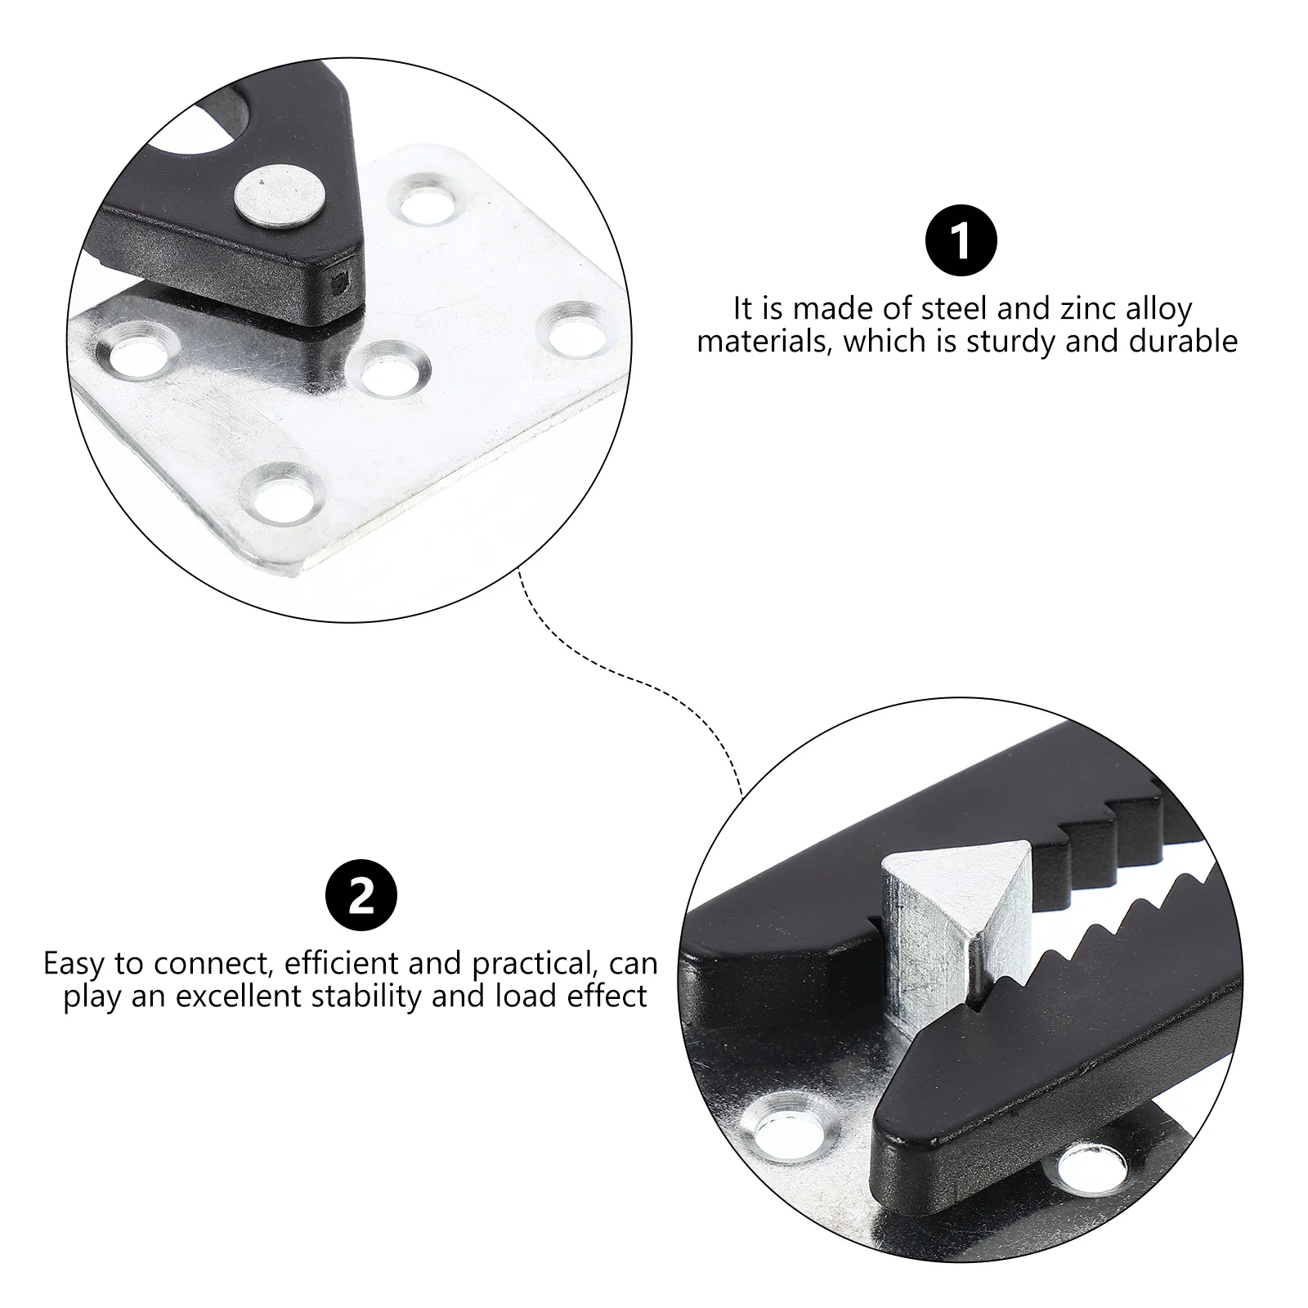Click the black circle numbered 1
coord(961,242)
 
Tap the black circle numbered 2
coord(361,897)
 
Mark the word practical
coord(531,964)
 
